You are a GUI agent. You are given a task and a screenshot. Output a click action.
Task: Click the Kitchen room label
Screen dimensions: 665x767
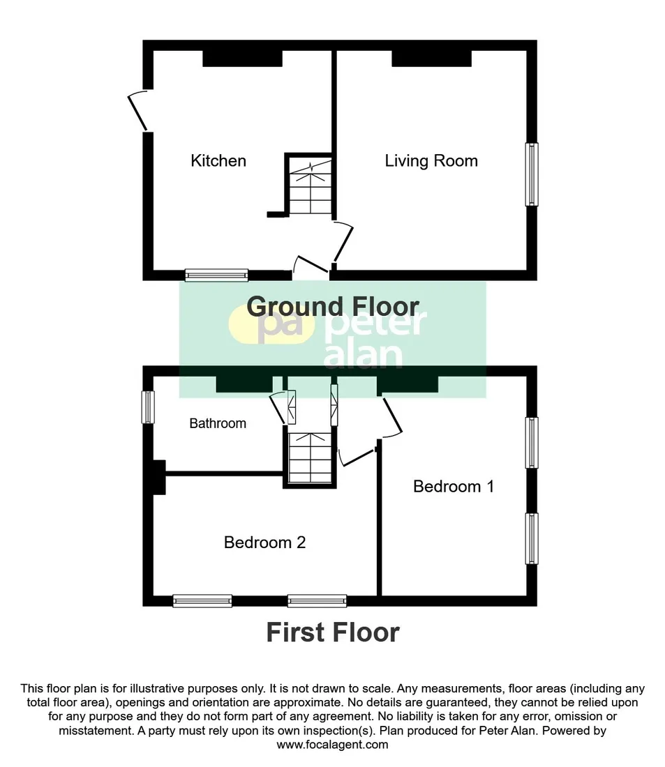pyautogui.click(x=218, y=160)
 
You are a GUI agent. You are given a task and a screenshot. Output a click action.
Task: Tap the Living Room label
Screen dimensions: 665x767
pyautogui.click(x=431, y=161)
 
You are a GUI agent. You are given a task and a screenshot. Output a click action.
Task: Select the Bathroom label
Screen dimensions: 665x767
pyautogui.click(x=218, y=423)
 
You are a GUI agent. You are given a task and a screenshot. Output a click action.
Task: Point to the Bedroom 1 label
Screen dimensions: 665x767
pyautogui.click(x=454, y=486)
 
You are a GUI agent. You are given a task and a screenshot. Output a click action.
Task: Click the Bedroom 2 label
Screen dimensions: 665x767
pyautogui.click(x=265, y=542)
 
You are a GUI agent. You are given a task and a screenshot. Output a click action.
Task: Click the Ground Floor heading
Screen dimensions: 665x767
pyautogui.click(x=332, y=307)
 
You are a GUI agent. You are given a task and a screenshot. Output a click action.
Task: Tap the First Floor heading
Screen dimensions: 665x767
pyautogui.click(x=332, y=632)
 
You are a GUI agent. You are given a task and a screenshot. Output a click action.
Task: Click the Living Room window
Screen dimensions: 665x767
pyautogui.click(x=532, y=174)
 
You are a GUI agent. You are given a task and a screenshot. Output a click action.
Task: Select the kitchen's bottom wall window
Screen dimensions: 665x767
pyautogui.click(x=216, y=275)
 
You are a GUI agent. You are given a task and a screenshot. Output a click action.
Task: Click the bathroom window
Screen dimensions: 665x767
pyautogui.click(x=148, y=407)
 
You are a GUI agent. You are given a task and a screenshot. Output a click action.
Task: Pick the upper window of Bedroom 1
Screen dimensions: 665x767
pyautogui.click(x=532, y=443)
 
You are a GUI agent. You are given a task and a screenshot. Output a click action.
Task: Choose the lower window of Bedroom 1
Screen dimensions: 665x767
pyautogui.click(x=532, y=538)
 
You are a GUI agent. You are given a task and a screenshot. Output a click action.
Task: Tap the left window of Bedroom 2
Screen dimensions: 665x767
pyautogui.click(x=202, y=600)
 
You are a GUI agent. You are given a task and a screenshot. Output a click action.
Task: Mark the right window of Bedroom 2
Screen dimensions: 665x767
pyautogui.click(x=317, y=600)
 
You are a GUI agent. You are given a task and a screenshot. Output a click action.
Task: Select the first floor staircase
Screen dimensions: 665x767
pyautogui.click(x=310, y=458)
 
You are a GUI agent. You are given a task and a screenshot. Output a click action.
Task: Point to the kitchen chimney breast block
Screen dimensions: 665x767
pyautogui.click(x=242, y=58)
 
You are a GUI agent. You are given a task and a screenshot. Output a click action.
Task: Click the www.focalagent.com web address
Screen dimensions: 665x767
pyautogui.click(x=332, y=745)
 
